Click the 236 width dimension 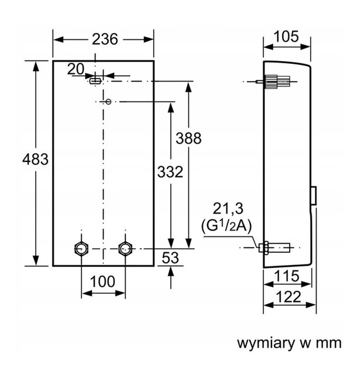coord(104,39)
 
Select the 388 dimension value coord(188,138)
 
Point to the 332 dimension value coord(171,172)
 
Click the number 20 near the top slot coord(76,69)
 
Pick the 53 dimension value coord(170,257)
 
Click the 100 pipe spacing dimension coord(103,282)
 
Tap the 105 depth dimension coord(287,37)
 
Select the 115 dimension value coord(287,276)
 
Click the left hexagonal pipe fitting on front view coord(81,248)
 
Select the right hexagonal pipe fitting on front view coord(125,248)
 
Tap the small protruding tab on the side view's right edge coord(315,195)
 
